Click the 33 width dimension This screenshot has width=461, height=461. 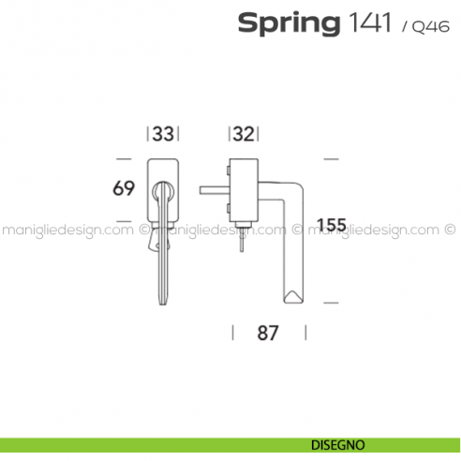pos(163,135)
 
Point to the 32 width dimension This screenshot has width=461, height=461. pos(244,135)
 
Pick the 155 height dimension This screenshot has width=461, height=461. pos(333,225)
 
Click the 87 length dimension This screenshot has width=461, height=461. pos(269,333)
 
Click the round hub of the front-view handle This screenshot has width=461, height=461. pos(162,190)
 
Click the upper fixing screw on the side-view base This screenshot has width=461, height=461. pos(227,171)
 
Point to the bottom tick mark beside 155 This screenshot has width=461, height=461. pos(330,304)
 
